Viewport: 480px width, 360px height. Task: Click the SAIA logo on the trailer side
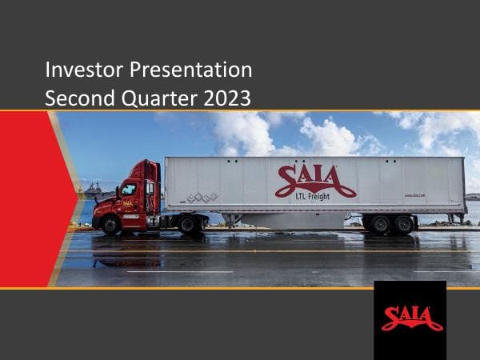[315, 178]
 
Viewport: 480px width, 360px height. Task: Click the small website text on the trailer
[414, 194]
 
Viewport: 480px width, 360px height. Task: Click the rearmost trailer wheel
[404, 225]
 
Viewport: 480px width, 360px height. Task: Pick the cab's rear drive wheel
[190, 225]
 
